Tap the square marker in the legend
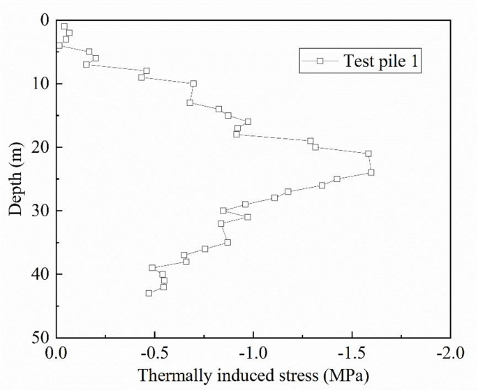click(320, 61)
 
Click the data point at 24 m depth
click(371, 172)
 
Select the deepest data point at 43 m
click(149, 293)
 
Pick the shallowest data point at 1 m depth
click(64, 27)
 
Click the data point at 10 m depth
click(193, 84)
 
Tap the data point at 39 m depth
click(152, 268)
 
